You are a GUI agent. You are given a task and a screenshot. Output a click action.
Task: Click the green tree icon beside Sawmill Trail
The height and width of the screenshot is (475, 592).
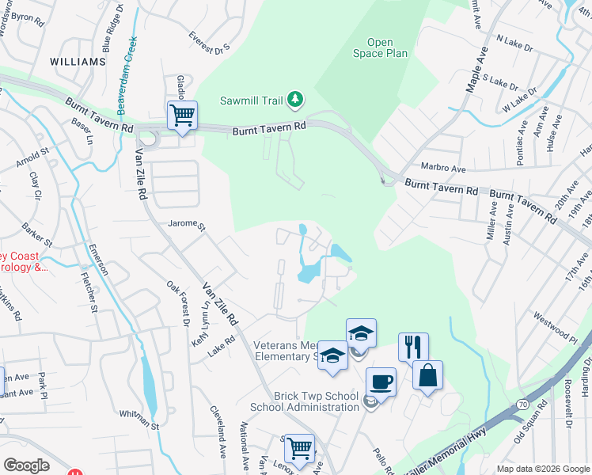pos(295,99)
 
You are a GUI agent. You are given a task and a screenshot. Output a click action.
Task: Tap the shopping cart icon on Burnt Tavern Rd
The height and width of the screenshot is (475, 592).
pos(182,116)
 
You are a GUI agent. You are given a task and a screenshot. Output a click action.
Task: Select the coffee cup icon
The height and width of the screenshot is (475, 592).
pos(380,382)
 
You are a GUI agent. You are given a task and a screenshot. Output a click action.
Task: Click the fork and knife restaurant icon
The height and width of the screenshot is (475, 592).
pos(413,346)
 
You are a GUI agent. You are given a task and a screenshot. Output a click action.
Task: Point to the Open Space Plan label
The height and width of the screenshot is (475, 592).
pos(387,47)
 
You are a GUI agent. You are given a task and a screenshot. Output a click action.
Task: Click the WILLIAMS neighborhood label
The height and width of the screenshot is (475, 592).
pos(78,61)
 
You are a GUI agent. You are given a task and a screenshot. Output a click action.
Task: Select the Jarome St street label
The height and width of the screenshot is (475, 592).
pos(187,225)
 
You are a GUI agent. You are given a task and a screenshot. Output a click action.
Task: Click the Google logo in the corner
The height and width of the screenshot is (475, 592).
pos(26,465)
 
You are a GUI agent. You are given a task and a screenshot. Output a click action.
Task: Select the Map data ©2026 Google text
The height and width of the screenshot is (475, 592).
pos(542,469)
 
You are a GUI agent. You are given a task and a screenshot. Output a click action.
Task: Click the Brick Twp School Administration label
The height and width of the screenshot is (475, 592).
pos(305,401)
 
